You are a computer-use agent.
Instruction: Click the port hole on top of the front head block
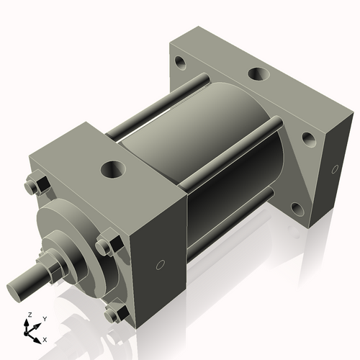tap(114, 171)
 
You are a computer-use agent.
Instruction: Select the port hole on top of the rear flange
tap(256, 73)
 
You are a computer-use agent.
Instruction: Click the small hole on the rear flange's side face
tap(334, 170)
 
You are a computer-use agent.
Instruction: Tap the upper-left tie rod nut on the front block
tap(31, 187)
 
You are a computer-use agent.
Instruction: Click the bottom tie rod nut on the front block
tap(112, 314)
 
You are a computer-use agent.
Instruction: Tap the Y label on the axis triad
tap(44, 318)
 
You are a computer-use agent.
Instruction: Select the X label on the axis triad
tap(45, 338)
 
